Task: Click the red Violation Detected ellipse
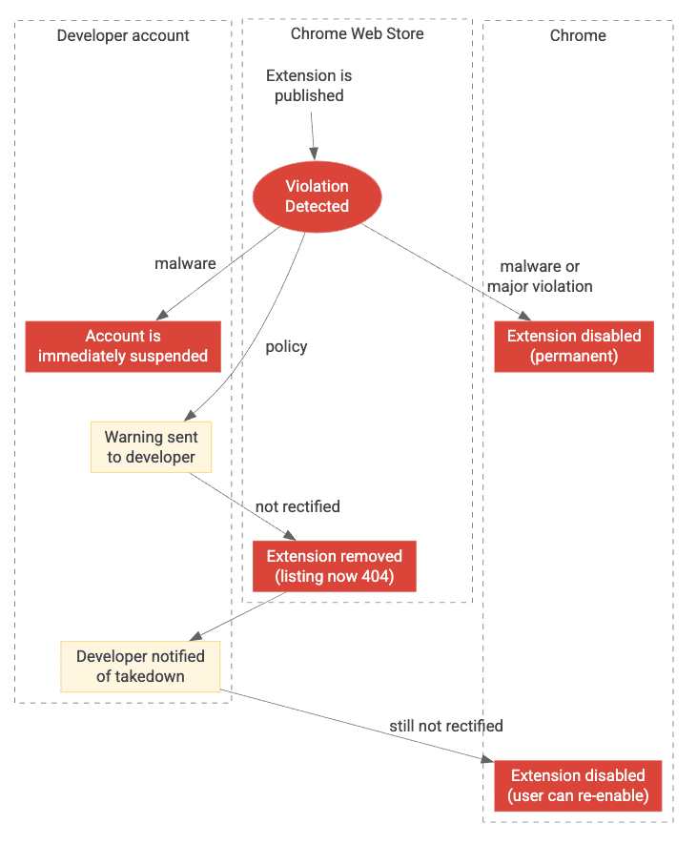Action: click(317, 196)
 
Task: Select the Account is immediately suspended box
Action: click(123, 346)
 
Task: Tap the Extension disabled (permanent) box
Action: click(574, 346)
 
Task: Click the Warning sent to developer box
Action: click(151, 447)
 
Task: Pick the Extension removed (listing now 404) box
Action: click(334, 566)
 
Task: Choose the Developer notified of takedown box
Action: click(140, 667)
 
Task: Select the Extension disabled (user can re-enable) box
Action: click(578, 786)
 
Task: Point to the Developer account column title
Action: click(123, 36)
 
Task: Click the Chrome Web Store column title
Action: click(357, 34)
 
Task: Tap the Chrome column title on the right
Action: click(578, 35)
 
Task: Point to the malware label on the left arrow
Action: click(185, 263)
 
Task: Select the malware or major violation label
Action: click(540, 277)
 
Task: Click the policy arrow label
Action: click(286, 346)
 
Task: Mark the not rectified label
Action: click(297, 506)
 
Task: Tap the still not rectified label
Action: click(445, 726)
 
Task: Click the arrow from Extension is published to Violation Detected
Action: click(311, 134)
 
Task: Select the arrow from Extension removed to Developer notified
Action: click(238, 616)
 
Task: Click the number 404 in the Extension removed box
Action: click(374, 577)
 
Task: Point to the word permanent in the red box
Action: click(574, 357)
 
